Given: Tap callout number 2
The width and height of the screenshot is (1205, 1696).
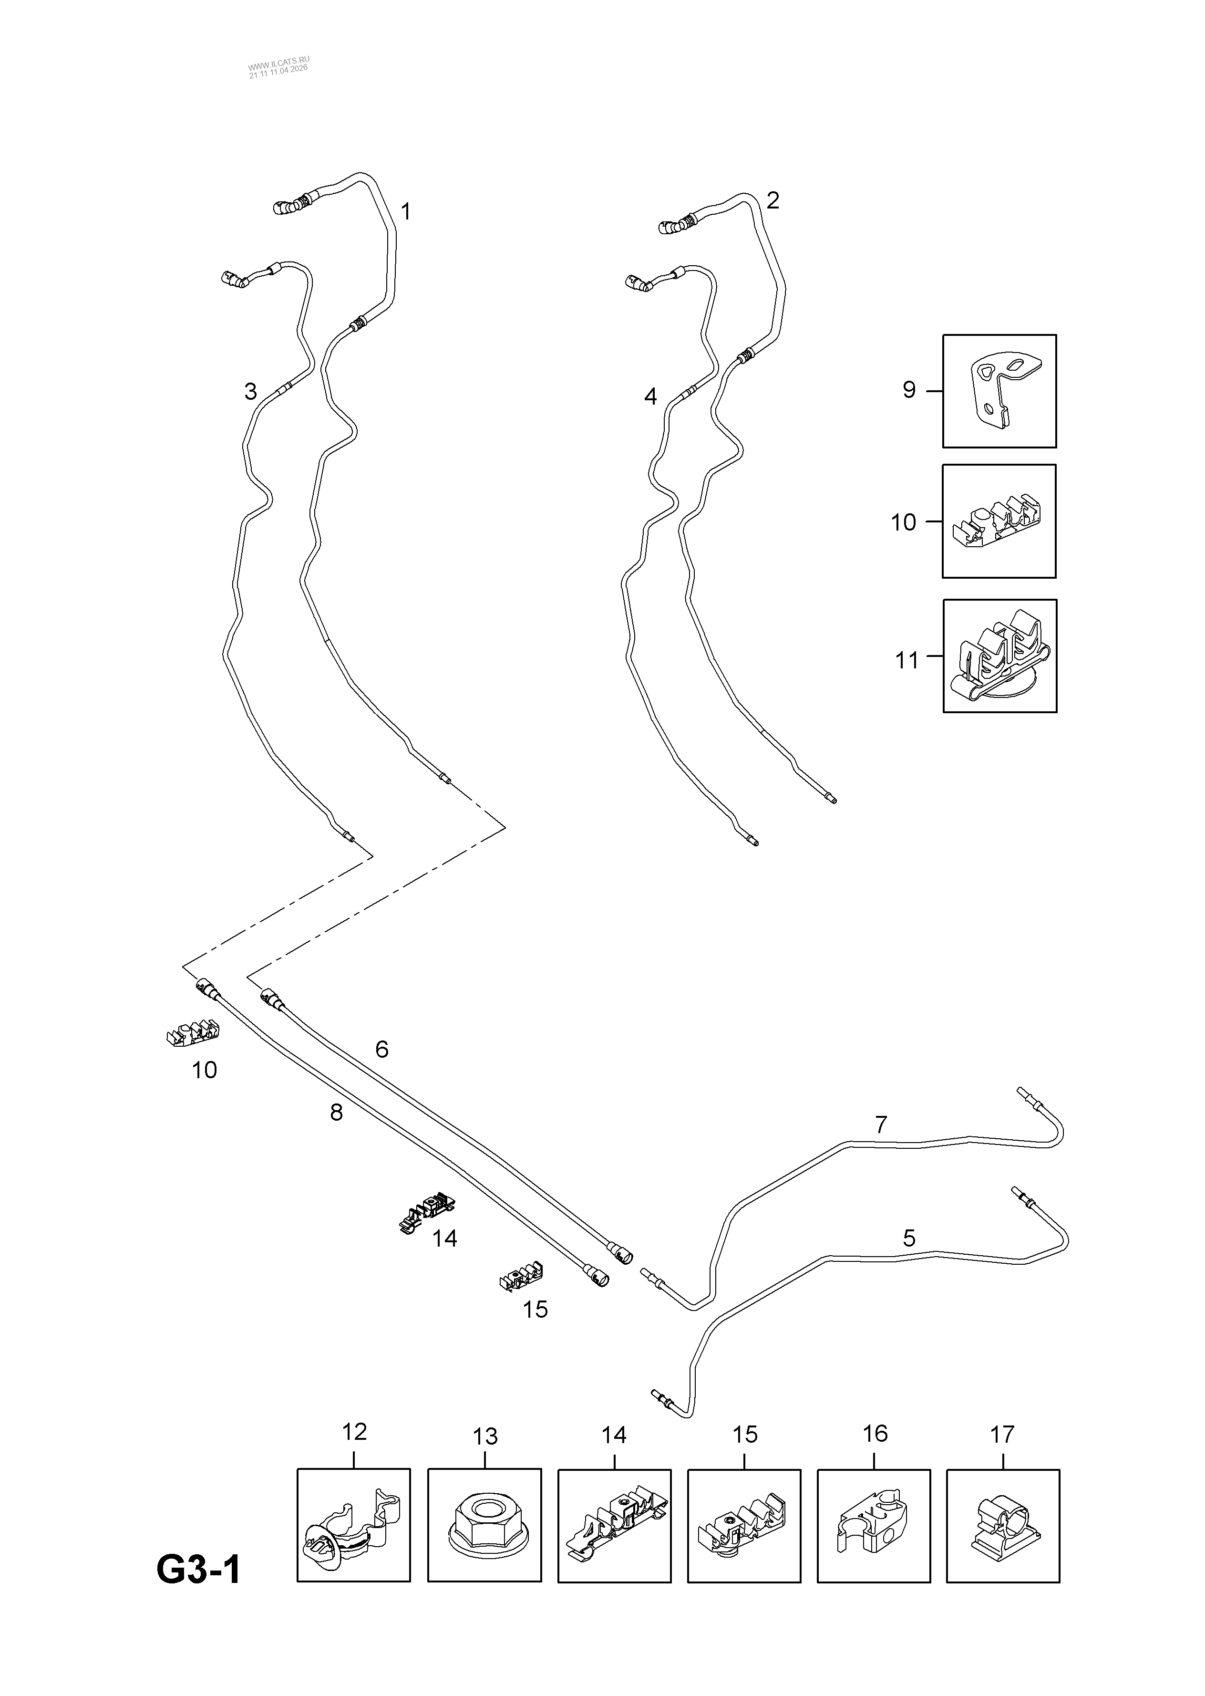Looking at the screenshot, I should pos(772,200).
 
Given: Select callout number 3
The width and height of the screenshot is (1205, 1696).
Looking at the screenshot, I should pos(251,391).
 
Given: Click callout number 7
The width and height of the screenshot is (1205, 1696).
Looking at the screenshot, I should pos(881,1124).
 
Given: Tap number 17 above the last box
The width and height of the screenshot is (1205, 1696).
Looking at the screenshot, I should pos(1002,1434).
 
